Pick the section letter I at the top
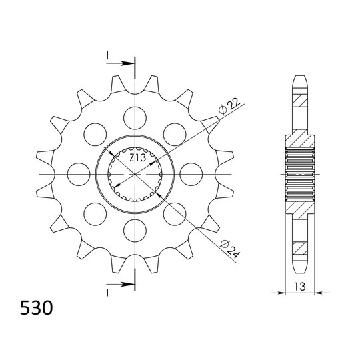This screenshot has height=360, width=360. click(106, 55)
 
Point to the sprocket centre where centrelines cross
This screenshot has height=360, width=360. click(135, 174)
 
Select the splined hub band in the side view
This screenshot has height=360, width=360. click(301, 174)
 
